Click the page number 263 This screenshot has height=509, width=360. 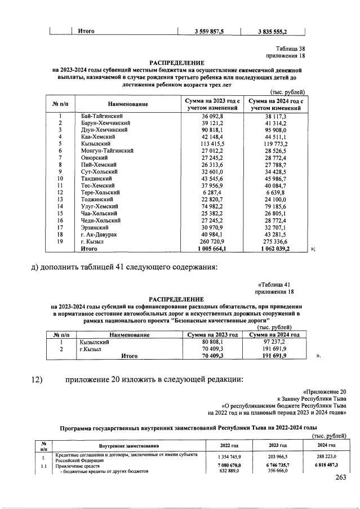[x=339, y=479]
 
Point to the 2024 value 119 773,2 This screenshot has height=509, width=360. [x=277, y=143]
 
